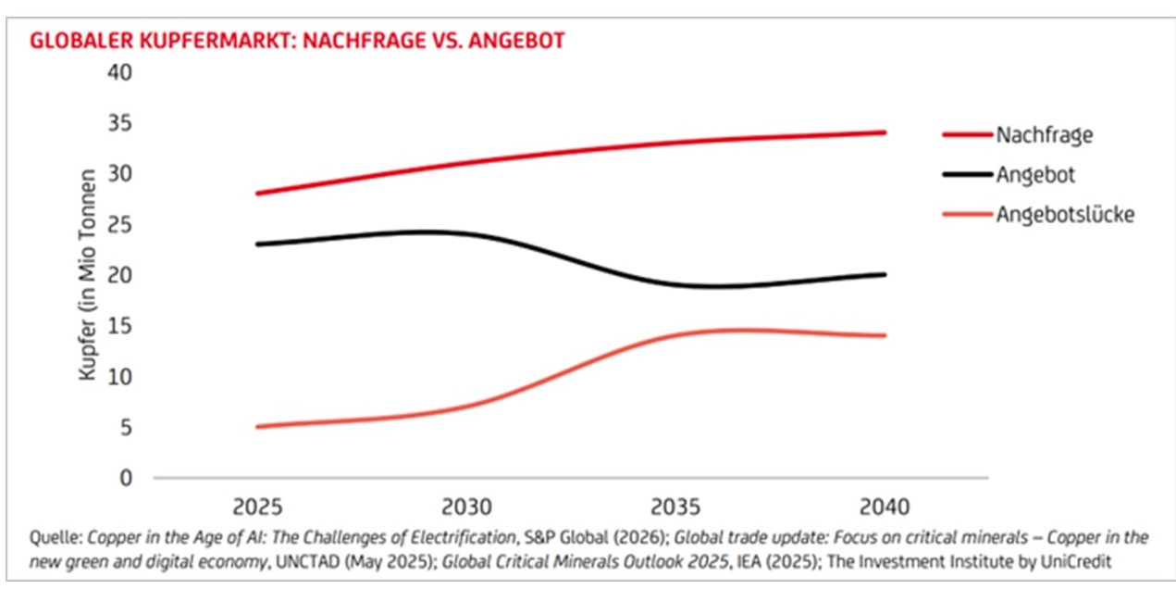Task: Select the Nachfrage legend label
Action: point(1044,135)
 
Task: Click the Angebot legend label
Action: point(1035,175)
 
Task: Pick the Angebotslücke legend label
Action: point(1064,215)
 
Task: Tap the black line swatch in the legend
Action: point(966,175)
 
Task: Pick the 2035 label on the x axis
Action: point(675,508)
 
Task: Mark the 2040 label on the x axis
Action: point(885,508)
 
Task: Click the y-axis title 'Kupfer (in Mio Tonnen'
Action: point(89,274)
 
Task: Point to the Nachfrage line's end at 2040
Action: point(885,132)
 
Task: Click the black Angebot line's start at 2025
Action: point(257,244)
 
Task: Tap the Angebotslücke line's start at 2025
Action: point(257,427)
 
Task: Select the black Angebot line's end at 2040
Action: point(885,275)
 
